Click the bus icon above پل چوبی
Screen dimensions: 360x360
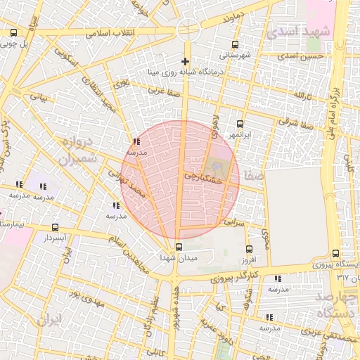click(x=13, y=32)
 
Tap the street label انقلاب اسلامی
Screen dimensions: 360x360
click(x=110, y=32)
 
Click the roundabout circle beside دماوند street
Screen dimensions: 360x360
click(x=188, y=30)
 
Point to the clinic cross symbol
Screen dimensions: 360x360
click(x=186, y=61)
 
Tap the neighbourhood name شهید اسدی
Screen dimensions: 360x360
click(x=299, y=32)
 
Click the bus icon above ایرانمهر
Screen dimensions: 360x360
click(x=240, y=123)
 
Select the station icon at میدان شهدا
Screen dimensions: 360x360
click(x=179, y=247)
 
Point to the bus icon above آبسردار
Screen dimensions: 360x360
click(x=56, y=227)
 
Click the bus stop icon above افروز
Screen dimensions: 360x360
click(x=248, y=249)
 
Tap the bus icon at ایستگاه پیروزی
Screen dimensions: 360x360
click(x=335, y=253)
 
